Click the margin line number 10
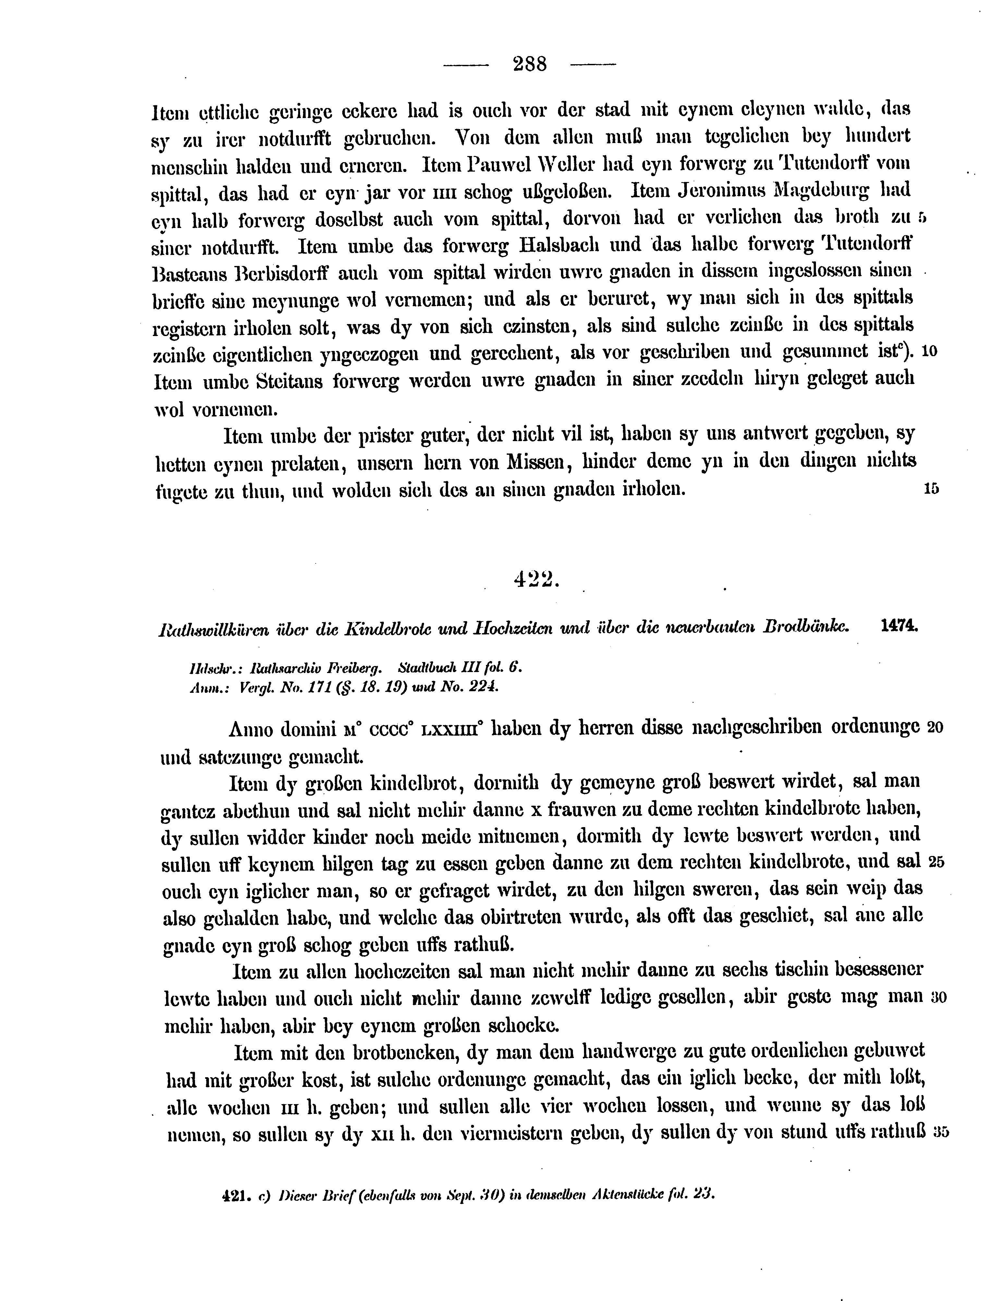point(929,352)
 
